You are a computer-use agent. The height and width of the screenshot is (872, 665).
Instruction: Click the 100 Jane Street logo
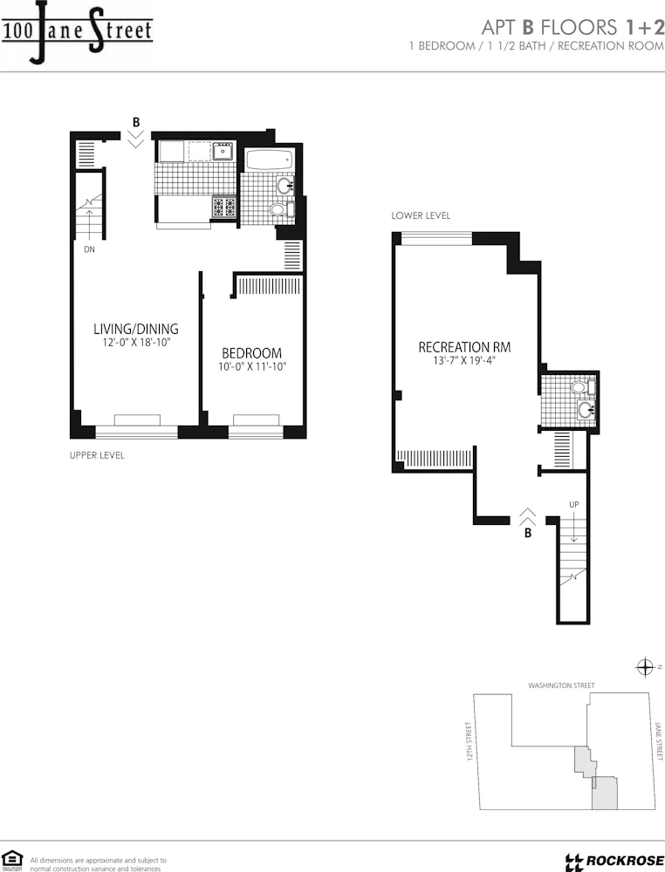click(x=77, y=33)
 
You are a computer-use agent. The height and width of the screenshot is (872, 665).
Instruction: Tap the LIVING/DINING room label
click(x=135, y=329)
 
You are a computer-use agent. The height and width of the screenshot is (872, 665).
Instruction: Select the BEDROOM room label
click(x=251, y=353)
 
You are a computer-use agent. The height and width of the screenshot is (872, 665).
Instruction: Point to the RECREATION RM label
click(x=464, y=347)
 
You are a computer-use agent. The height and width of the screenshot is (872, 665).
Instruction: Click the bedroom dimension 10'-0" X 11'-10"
click(x=251, y=367)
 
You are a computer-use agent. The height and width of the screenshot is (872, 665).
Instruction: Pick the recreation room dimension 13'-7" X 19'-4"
click(x=463, y=360)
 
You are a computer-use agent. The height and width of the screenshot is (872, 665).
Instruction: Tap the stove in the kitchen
click(x=224, y=207)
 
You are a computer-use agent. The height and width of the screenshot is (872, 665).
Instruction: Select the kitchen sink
click(x=223, y=152)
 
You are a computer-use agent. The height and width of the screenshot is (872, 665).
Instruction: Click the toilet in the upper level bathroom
click(x=278, y=209)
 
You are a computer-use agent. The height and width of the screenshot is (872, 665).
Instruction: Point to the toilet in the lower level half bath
click(x=579, y=387)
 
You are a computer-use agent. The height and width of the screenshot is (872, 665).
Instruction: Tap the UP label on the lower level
click(x=573, y=505)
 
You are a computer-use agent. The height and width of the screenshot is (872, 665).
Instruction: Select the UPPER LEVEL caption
click(x=97, y=455)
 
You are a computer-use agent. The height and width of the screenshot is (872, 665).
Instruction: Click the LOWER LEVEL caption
click(x=421, y=215)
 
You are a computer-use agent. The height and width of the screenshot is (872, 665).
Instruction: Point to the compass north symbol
click(x=646, y=668)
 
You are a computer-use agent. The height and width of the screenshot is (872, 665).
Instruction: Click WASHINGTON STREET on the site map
click(x=561, y=685)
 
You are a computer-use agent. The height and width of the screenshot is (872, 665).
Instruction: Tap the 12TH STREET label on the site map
click(x=470, y=741)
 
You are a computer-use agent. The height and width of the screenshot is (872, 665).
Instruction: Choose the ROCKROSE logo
click(x=614, y=862)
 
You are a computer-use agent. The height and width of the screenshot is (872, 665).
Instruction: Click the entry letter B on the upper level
click(x=135, y=121)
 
